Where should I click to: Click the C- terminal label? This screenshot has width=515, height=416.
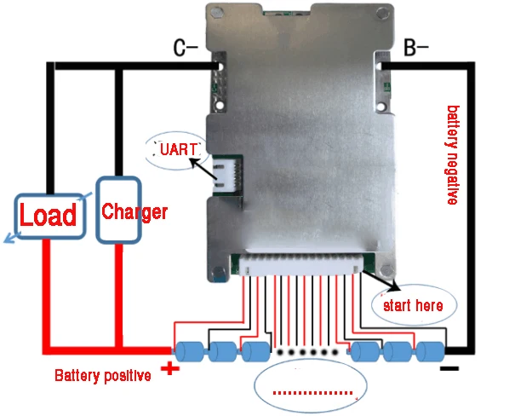coord(186,49)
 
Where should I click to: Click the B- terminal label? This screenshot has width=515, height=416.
coord(415,49)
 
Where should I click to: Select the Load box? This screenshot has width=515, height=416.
coord(49,215)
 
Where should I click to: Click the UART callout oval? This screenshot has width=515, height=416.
coord(178,152)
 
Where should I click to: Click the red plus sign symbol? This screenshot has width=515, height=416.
coord(171,369)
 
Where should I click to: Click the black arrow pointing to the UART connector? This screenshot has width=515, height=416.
coord(201,160)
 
